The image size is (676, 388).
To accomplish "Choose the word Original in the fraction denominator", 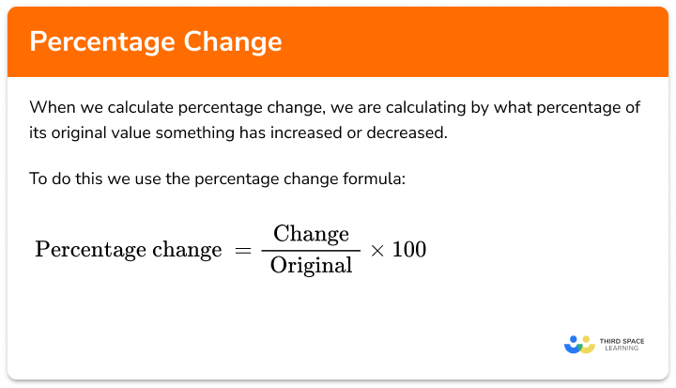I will pyautogui.click(x=312, y=265).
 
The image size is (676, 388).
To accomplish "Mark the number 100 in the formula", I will pyautogui.click(x=407, y=250).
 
